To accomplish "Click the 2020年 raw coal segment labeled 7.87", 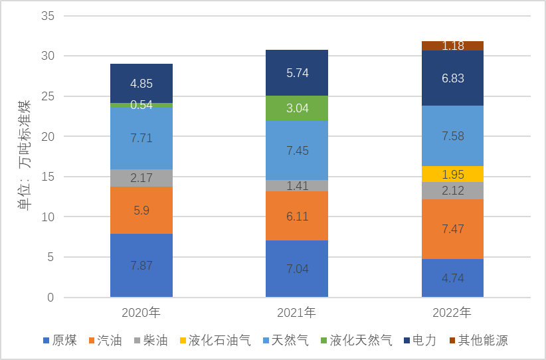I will tap(141, 266).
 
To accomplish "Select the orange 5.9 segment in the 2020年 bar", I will tap(141, 210).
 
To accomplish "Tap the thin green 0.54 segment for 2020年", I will tap(141, 105).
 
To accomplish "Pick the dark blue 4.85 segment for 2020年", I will tap(141, 83).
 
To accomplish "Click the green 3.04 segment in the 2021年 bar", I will tap(297, 108).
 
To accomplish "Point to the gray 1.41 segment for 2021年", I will tap(297, 185).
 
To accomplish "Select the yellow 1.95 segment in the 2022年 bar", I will tap(452, 174).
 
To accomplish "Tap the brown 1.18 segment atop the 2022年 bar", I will tap(452, 46).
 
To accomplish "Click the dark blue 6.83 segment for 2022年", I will tap(452, 78).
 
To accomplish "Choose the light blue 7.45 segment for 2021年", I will tap(297, 150).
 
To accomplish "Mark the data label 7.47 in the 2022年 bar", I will tap(452, 229).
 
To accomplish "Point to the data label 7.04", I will tap(297, 269).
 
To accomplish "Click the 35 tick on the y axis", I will tap(47, 16).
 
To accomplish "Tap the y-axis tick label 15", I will tap(47, 177).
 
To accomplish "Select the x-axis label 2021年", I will tap(297, 312).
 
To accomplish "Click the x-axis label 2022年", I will tap(452, 312).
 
